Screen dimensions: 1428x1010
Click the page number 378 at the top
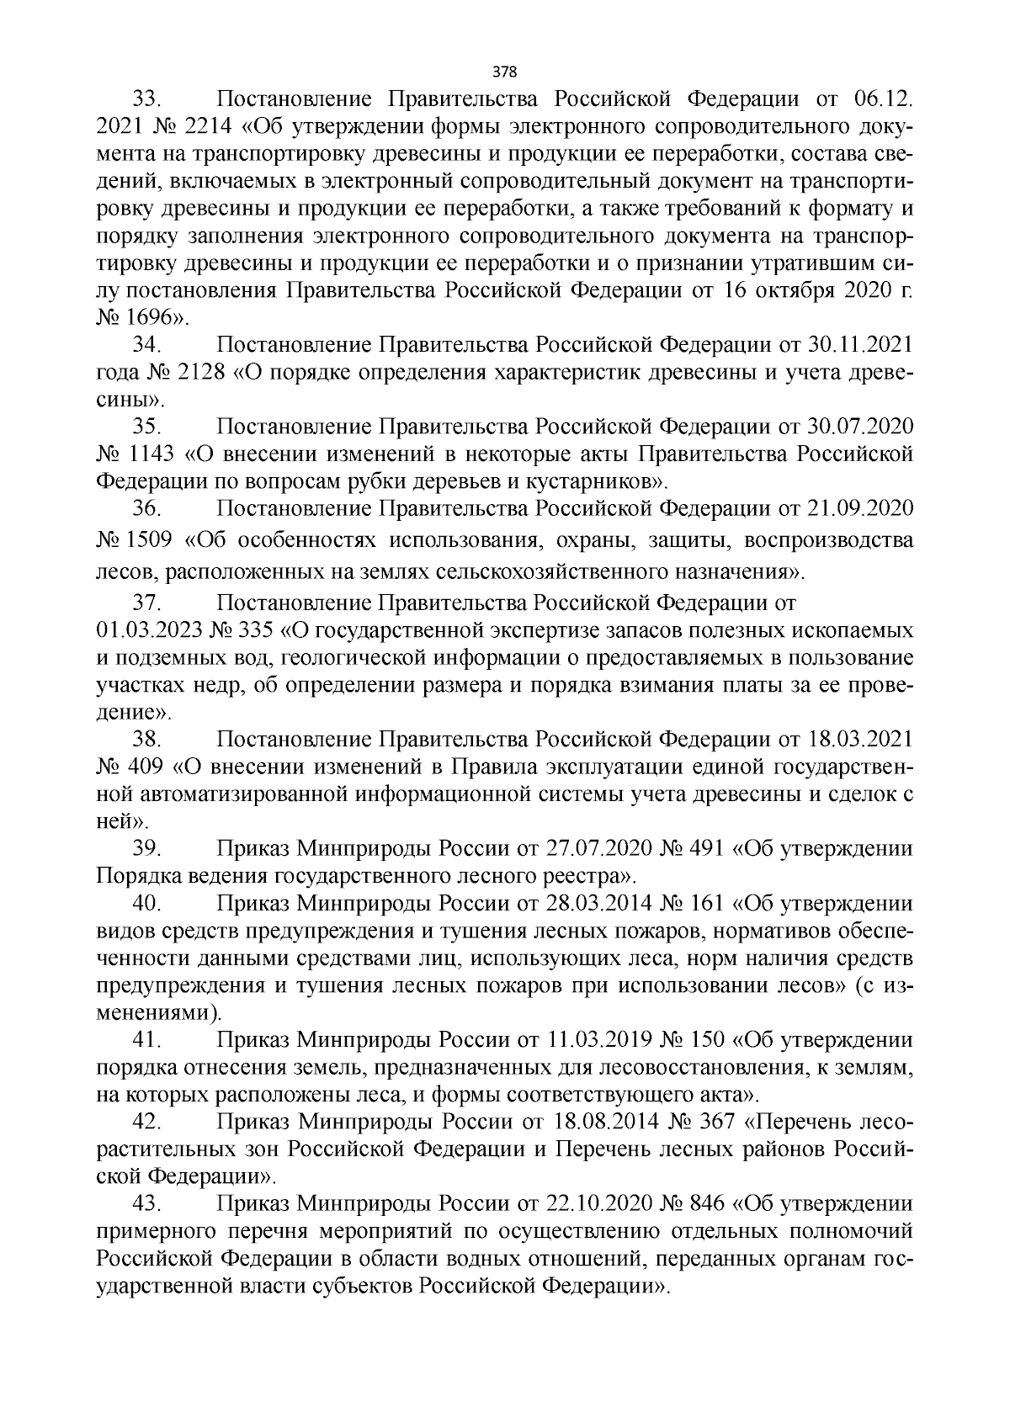[x=505, y=71]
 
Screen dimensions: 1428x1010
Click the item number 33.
[x=146, y=100]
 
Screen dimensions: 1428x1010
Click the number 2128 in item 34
[x=201, y=372]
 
